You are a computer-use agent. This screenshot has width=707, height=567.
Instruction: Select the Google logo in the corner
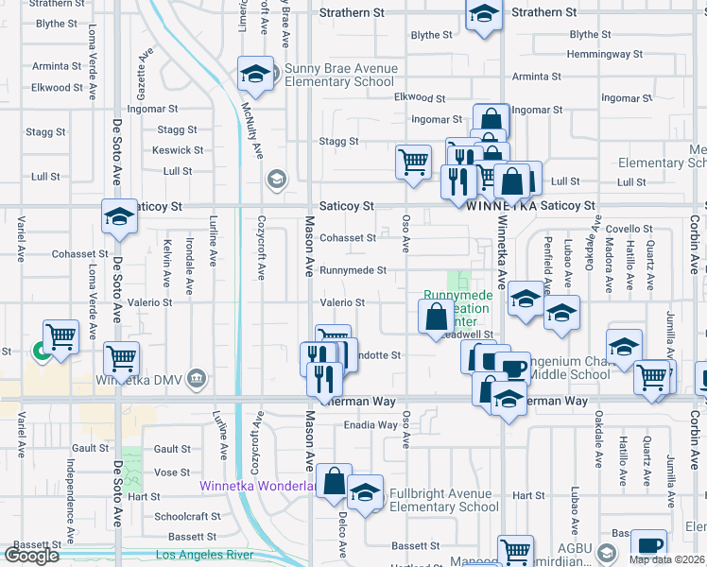tap(31, 556)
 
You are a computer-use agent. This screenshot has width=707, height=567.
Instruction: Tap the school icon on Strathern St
tap(483, 15)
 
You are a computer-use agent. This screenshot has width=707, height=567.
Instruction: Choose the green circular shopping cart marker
tap(41, 352)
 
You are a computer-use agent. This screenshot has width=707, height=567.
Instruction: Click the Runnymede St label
tap(353, 270)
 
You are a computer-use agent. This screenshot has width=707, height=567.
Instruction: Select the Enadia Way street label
tap(371, 425)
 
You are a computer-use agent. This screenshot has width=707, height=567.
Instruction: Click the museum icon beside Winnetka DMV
tap(196, 379)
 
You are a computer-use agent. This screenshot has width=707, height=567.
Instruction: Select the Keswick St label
tap(178, 150)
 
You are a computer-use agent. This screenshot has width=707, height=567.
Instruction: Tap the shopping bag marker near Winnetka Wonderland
tap(335, 482)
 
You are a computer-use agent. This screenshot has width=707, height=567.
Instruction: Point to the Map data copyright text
tap(667, 559)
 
